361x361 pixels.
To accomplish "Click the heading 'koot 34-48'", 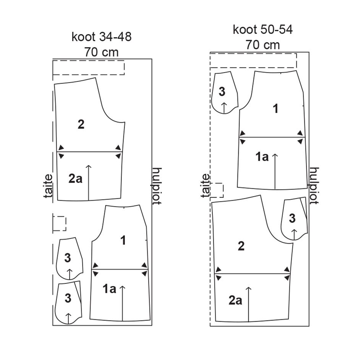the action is pos(102,37).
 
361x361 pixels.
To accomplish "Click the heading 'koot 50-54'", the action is pos(263,30).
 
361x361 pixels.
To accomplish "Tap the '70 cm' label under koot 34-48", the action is pos(101,52).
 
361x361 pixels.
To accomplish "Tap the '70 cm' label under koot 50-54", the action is pos(263,45).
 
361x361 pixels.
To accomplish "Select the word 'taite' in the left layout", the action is pos(48,186).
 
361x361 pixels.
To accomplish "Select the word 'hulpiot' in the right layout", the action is pos(314,186).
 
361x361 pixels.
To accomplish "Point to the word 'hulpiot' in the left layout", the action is pos(157,186).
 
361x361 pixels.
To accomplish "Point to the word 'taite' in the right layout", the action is pos(206,186).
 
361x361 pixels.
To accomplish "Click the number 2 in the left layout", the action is pos(81,125).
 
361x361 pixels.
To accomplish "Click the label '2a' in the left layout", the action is pos(75,179).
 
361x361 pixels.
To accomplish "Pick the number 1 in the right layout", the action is pos(275,108).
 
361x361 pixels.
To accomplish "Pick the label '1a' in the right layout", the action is pos(262,157).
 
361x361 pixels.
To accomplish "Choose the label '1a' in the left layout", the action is pos(109,289).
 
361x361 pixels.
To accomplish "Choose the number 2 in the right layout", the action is pos(241,246).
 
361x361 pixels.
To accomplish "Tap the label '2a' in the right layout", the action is pos(235,300).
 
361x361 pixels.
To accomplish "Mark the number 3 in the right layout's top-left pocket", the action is pos(222,92).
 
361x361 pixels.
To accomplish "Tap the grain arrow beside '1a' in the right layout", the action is pos(275,172).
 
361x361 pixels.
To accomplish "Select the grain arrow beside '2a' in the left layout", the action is pos(89,183).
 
